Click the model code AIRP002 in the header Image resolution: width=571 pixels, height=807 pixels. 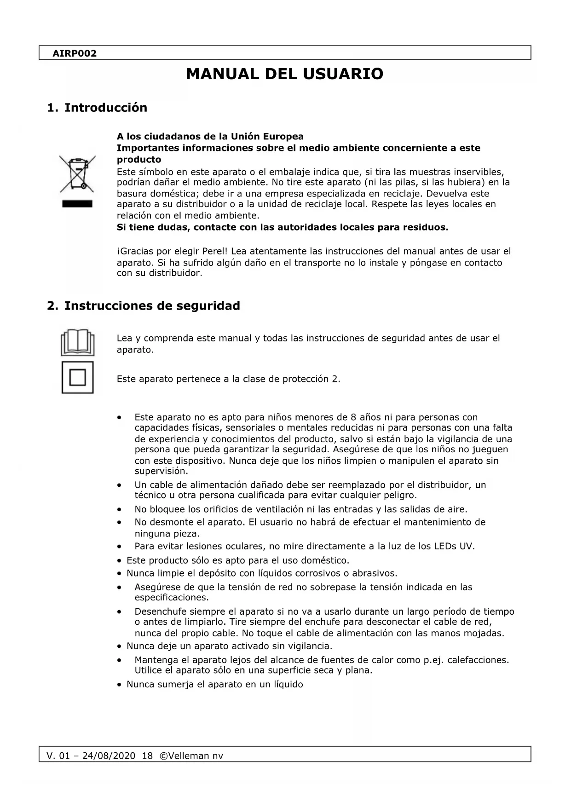point(75,53)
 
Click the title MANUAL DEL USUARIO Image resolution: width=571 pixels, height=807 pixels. point(285,74)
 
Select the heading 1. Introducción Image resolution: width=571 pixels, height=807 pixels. point(97,108)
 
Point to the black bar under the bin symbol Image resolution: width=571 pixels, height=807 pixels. point(77,204)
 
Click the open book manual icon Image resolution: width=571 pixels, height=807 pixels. point(78,342)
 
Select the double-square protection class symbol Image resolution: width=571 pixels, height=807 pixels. point(78,378)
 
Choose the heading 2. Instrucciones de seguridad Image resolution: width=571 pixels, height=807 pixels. point(144,306)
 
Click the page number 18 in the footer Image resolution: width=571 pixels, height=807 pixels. point(147,756)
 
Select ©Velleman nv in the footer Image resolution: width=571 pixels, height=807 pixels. point(191,756)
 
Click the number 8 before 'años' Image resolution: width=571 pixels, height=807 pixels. point(353,418)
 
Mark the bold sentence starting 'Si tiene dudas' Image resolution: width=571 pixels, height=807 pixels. point(282,227)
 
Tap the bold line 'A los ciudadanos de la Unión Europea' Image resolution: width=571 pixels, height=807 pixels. point(210,137)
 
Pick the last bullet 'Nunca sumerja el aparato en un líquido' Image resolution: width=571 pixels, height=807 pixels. point(214,684)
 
